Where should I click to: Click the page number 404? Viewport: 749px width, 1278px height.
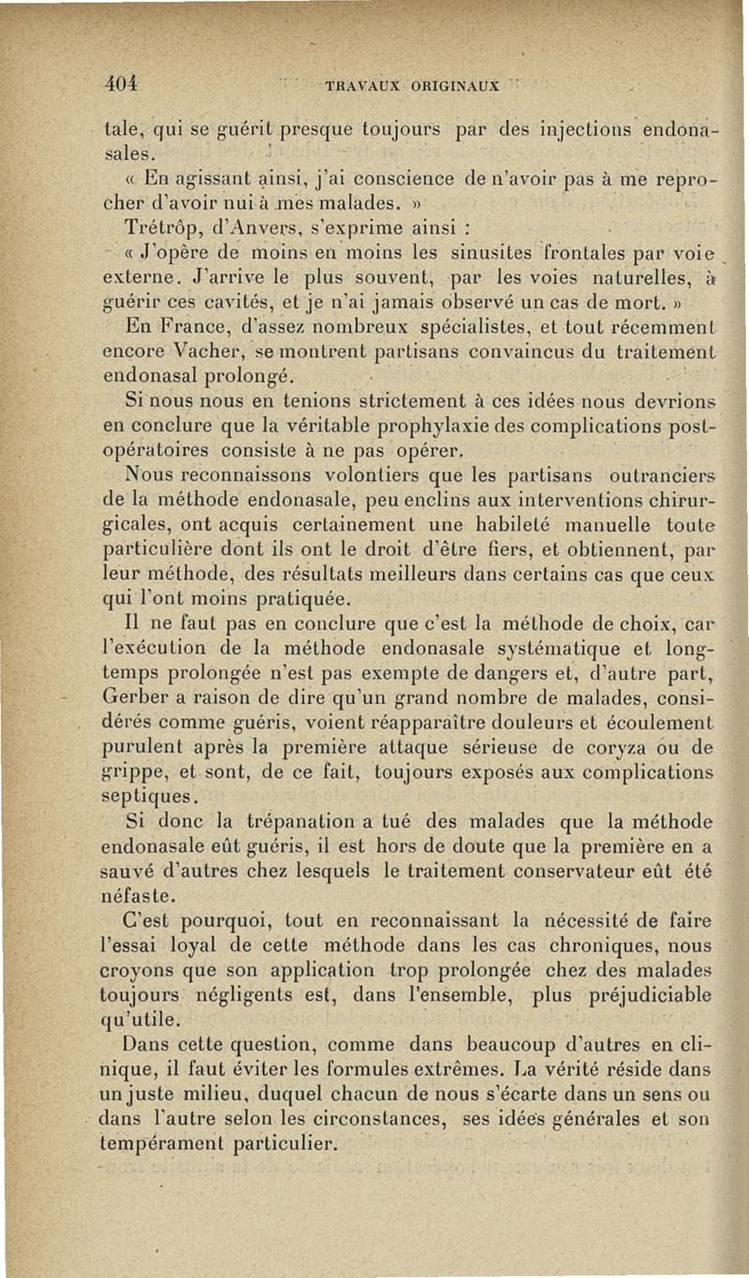click(x=121, y=82)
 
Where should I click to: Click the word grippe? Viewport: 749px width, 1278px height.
click(x=133, y=771)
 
